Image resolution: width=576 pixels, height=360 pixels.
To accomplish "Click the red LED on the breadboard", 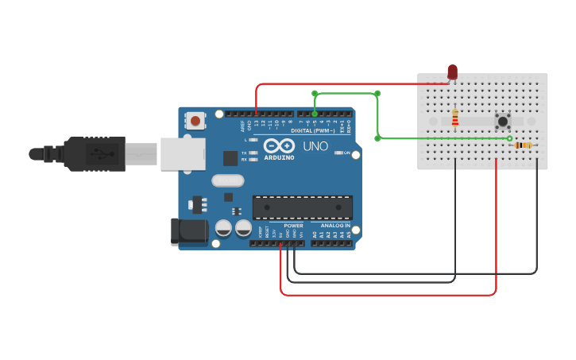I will pos(452,73).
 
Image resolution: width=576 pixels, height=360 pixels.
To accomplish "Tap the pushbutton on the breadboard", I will pos(502,122).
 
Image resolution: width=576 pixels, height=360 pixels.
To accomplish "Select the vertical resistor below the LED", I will pos(454,118).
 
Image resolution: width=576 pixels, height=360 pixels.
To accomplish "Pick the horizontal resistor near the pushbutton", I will pos(523,145).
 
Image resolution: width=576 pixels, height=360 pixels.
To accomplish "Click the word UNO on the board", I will pos(315,146).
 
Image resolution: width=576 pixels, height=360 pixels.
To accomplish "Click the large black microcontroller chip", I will pos(302,207).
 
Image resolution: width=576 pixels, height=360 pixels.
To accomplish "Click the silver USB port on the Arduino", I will pos(183,153).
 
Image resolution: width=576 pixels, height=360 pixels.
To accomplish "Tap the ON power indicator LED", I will pos(338,153).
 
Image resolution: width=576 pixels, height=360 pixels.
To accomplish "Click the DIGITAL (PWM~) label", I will pos(312,130).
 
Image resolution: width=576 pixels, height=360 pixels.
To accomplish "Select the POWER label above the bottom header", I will pos(293,226).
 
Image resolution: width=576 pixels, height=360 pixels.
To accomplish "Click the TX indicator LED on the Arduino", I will pos(253,153).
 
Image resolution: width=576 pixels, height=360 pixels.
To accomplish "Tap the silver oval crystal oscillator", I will pos(227,180).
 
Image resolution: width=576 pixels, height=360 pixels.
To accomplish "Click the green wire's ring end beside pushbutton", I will pos(510,138).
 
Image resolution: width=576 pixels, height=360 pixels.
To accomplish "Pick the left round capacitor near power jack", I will pos(224,229).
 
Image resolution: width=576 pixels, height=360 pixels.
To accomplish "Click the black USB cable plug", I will pos(95,153).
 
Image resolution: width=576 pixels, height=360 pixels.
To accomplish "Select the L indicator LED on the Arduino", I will pos(253,140).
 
